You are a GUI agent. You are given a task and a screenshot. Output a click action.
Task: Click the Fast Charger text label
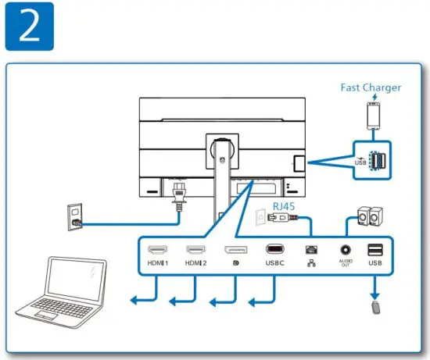point(371,87)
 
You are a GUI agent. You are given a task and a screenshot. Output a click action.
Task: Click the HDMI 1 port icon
point(156,250)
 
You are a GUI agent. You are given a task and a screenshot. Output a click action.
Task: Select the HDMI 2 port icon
point(195,250)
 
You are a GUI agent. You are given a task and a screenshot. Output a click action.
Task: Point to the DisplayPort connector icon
point(235,250)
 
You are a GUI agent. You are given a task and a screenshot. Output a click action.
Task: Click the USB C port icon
point(274,250)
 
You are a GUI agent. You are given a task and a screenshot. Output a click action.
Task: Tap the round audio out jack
point(345,250)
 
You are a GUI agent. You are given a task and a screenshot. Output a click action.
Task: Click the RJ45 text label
point(284,205)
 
